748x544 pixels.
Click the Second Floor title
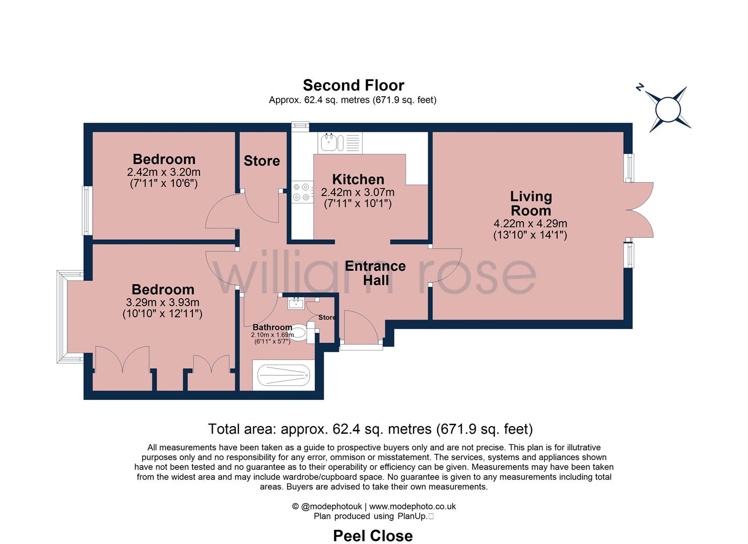(353, 85)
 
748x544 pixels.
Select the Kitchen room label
(358, 179)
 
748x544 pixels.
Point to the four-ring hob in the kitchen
(301, 192)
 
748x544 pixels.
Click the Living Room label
(530, 203)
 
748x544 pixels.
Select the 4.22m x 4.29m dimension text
(530, 224)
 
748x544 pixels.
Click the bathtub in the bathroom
(283, 376)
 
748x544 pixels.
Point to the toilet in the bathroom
(300, 333)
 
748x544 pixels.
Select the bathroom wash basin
(295, 303)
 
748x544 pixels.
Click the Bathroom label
(272, 327)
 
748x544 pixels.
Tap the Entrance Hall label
(375, 273)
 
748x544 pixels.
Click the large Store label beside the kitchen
(261, 161)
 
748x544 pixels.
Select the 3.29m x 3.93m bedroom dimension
(162, 303)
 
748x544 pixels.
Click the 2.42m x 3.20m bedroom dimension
(164, 172)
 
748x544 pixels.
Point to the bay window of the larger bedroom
(63, 316)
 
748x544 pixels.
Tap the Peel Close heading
(373, 535)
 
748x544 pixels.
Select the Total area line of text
(370, 429)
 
